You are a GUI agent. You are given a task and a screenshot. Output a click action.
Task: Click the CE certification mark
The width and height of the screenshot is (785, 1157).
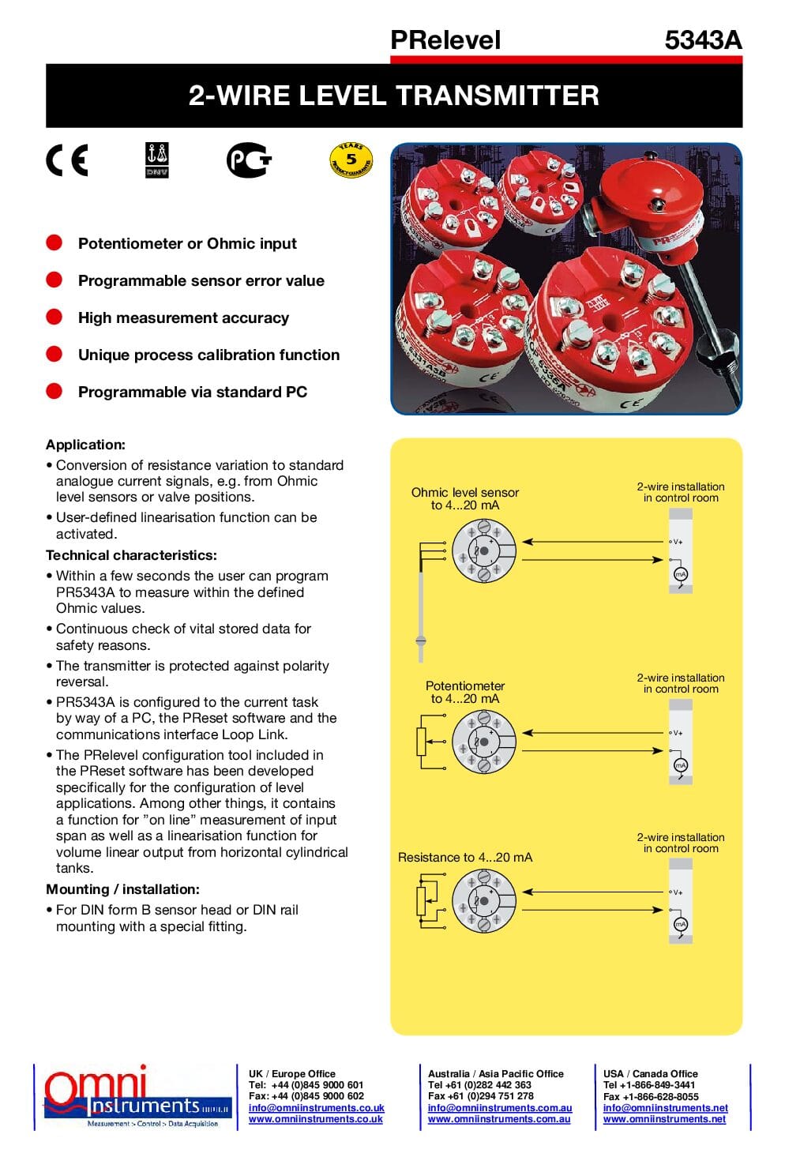(67, 160)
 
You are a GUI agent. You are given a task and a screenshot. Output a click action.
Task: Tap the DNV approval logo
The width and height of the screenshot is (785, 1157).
(157, 160)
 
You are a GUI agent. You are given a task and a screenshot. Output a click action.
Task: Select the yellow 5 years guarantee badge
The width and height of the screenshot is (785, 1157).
(351, 160)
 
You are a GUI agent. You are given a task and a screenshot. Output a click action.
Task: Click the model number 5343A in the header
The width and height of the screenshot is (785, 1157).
(703, 40)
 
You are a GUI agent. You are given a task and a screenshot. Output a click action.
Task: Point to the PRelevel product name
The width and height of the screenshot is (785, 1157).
(445, 40)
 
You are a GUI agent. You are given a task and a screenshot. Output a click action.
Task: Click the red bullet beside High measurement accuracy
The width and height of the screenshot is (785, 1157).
(54, 317)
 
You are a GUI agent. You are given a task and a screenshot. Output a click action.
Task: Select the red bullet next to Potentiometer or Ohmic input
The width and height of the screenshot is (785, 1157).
(54, 243)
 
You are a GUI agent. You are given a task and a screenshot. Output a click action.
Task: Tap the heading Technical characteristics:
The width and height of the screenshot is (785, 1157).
(131, 555)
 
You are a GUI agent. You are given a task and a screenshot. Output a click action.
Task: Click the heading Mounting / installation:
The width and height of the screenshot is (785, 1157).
(122, 889)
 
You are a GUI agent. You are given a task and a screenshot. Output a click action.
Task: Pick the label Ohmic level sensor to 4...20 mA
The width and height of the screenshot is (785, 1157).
(465, 498)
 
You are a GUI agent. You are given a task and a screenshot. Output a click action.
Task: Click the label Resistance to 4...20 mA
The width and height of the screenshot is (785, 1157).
(465, 857)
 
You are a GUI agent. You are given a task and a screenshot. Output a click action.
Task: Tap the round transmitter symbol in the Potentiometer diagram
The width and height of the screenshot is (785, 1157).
(483, 742)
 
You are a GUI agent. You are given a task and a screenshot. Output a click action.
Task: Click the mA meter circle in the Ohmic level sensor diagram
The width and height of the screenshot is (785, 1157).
(680, 574)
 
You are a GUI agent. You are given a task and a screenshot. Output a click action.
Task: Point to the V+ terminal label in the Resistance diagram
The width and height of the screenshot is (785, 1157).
(677, 892)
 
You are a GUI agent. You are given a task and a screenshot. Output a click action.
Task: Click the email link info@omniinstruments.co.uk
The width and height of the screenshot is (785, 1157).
(316, 1108)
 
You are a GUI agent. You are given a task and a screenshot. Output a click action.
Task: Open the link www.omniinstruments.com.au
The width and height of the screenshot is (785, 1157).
(499, 1119)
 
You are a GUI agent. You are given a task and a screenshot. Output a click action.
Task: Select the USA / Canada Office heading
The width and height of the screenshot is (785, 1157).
(650, 1073)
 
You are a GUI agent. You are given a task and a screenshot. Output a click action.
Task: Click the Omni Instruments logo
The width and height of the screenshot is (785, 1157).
(134, 1096)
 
